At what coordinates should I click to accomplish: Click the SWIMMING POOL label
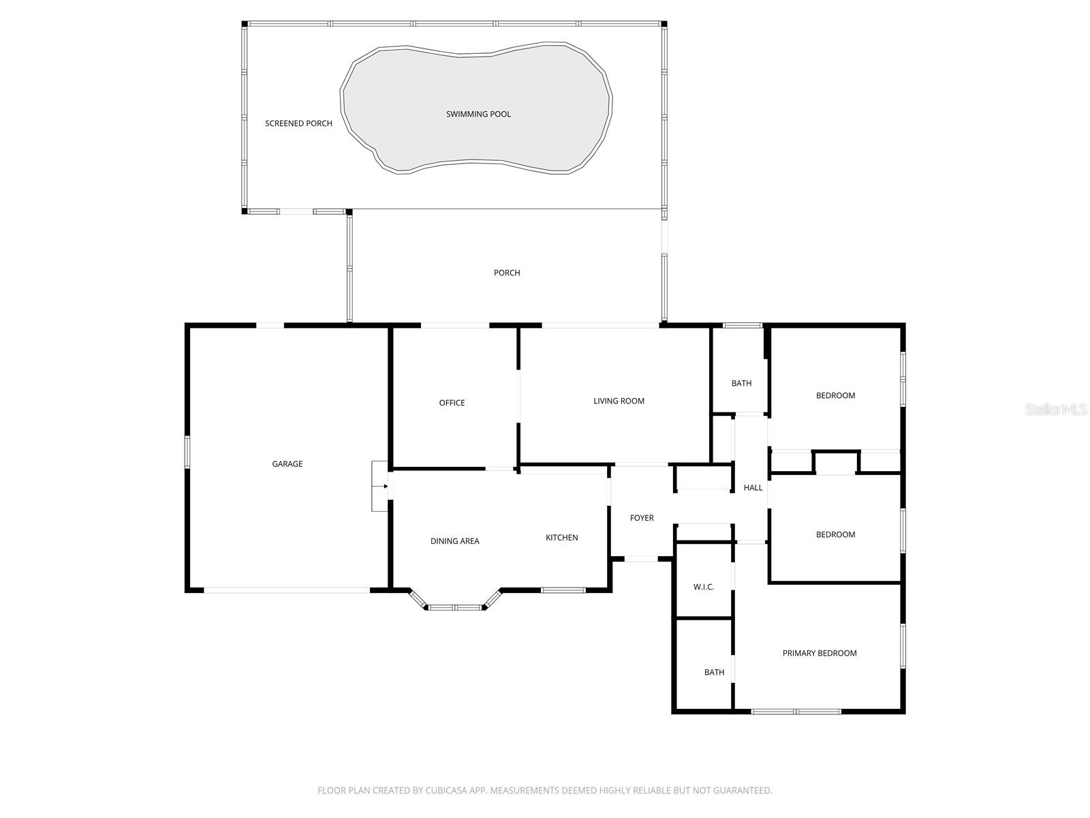(478, 114)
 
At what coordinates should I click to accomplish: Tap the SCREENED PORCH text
(298, 123)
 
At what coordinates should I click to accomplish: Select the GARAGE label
(287, 464)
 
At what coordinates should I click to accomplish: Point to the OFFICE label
(452, 403)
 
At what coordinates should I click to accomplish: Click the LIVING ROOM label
(619, 401)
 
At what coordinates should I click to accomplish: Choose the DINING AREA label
(454, 541)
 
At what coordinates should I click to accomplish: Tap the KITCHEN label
(561, 538)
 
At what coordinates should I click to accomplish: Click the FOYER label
(641, 518)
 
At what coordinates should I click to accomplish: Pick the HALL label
(753, 487)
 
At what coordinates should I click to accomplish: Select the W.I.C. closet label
(703, 587)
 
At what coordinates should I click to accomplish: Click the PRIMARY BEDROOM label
(819, 653)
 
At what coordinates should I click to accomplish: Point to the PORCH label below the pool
(506, 273)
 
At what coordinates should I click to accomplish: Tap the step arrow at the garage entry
(385, 486)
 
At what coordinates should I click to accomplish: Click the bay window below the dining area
(455, 607)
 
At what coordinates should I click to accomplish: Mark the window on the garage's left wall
(187, 452)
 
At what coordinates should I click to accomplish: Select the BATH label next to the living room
(741, 383)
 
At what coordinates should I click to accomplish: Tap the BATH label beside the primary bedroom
(714, 672)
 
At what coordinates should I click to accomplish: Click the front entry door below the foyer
(641, 559)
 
